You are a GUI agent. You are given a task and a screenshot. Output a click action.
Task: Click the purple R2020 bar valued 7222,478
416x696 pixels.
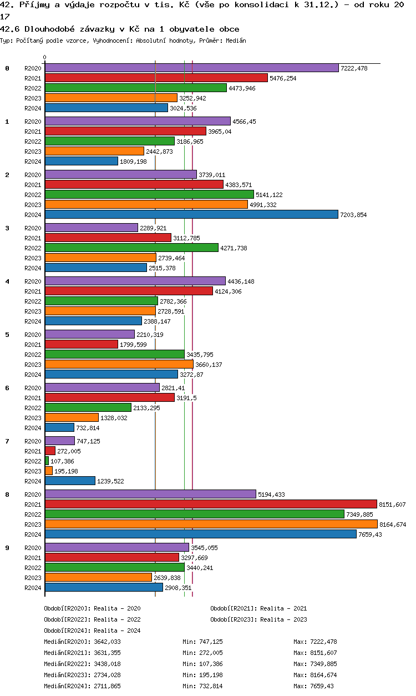pyautogui.click(x=191, y=68)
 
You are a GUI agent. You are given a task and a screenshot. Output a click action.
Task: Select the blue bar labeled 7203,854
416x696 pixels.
pyautogui.click(x=191, y=214)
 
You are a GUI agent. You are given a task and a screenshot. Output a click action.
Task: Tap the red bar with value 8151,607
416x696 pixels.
pyautogui.click(x=211, y=504)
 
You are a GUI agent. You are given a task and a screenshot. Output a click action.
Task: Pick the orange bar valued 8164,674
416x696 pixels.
pyautogui.click(x=211, y=524)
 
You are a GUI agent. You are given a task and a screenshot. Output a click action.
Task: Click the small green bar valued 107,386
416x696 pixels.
pyautogui.click(x=47, y=461)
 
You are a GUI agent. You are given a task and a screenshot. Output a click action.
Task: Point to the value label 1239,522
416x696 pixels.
pyautogui.click(x=110, y=481)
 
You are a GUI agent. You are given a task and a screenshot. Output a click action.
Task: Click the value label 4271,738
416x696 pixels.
pyautogui.click(x=234, y=248)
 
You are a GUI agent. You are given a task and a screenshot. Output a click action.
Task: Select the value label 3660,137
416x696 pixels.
pyautogui.click(x=209, y=365)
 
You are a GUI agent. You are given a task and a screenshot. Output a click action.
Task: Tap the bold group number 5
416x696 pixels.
pyautogui.click(x=7, y=335)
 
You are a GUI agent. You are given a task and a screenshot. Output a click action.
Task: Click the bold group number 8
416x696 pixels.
pyautogui.click(x=7, y=495)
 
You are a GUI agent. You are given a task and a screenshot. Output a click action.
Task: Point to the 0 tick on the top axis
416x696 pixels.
pyautogui.click(x=45, y=58)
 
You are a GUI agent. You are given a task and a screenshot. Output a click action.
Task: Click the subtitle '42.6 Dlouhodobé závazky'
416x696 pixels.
pyautogui.click(x=55, y=29)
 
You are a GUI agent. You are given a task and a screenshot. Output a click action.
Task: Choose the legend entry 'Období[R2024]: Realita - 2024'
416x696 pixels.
pyautogui.click(x=92, y=631)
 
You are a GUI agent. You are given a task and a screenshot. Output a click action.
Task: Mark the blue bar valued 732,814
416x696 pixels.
pyautogui.click(x=59, y=427)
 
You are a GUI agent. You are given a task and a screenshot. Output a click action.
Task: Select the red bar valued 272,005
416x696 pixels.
pyautogui.click(x=50, y=451)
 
